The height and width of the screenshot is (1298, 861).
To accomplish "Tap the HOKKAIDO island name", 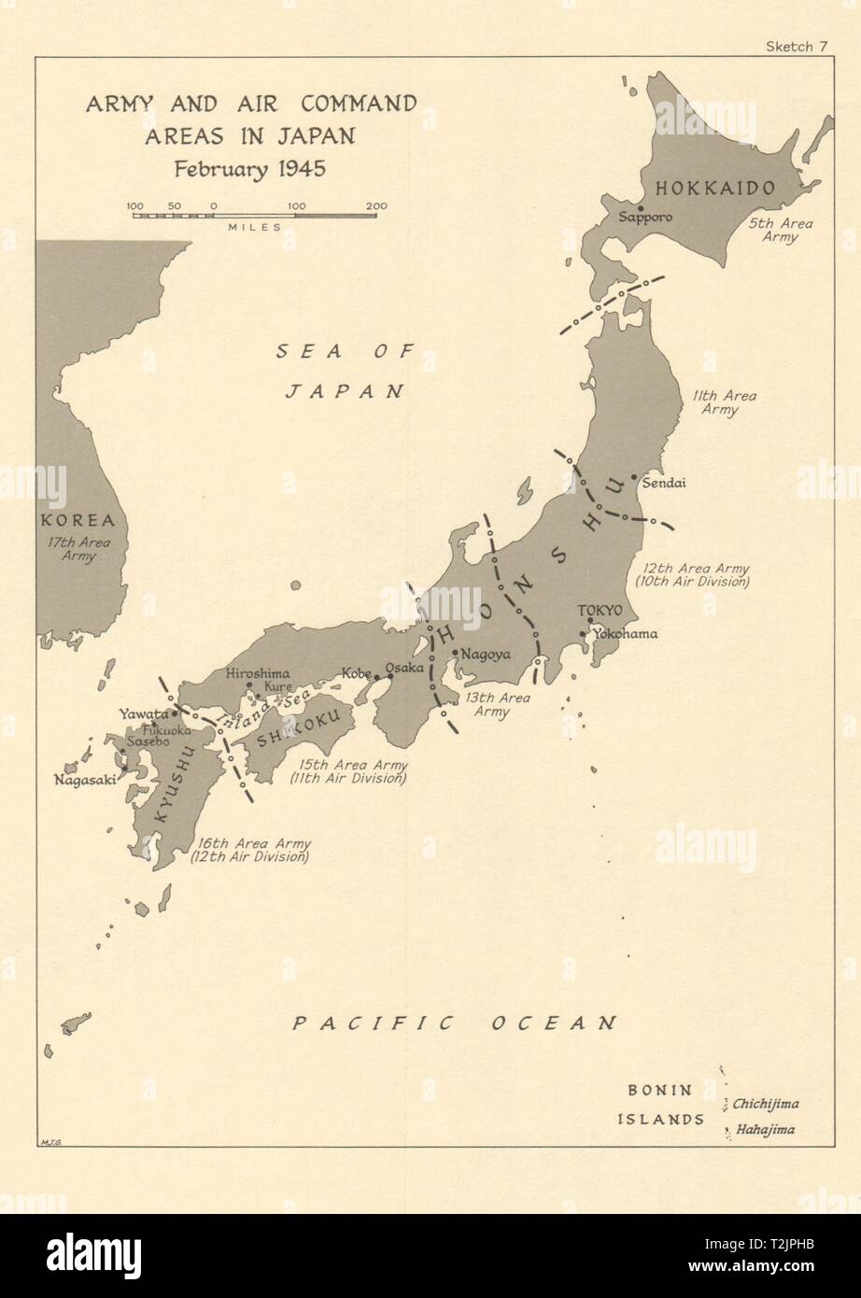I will click(715, 189).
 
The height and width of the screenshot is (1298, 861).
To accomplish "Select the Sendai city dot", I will click(635, 477).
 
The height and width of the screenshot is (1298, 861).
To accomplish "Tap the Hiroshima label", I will click(258, 672).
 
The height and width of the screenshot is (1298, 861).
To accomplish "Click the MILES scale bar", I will click(254, 216).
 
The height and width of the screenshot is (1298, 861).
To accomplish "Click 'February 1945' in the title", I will click(251, 169).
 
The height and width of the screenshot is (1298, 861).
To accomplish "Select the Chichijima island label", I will click(765, 1103).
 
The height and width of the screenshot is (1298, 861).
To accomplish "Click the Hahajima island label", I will click(763, 1129).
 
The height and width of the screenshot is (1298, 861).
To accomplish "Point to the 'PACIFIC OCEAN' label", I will click(455, 1023).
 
